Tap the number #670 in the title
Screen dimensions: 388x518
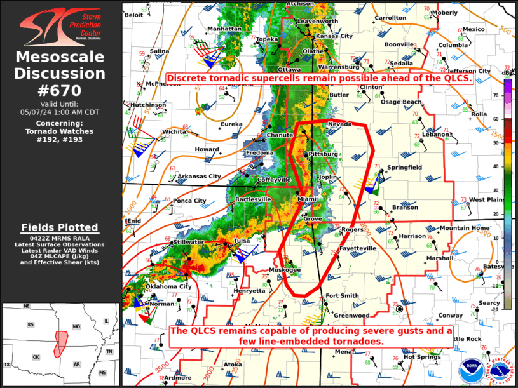point(60,91)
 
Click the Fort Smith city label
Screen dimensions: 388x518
point(342,296)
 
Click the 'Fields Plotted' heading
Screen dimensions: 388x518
point(60,227)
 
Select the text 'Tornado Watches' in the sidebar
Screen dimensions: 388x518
point(60,131)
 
